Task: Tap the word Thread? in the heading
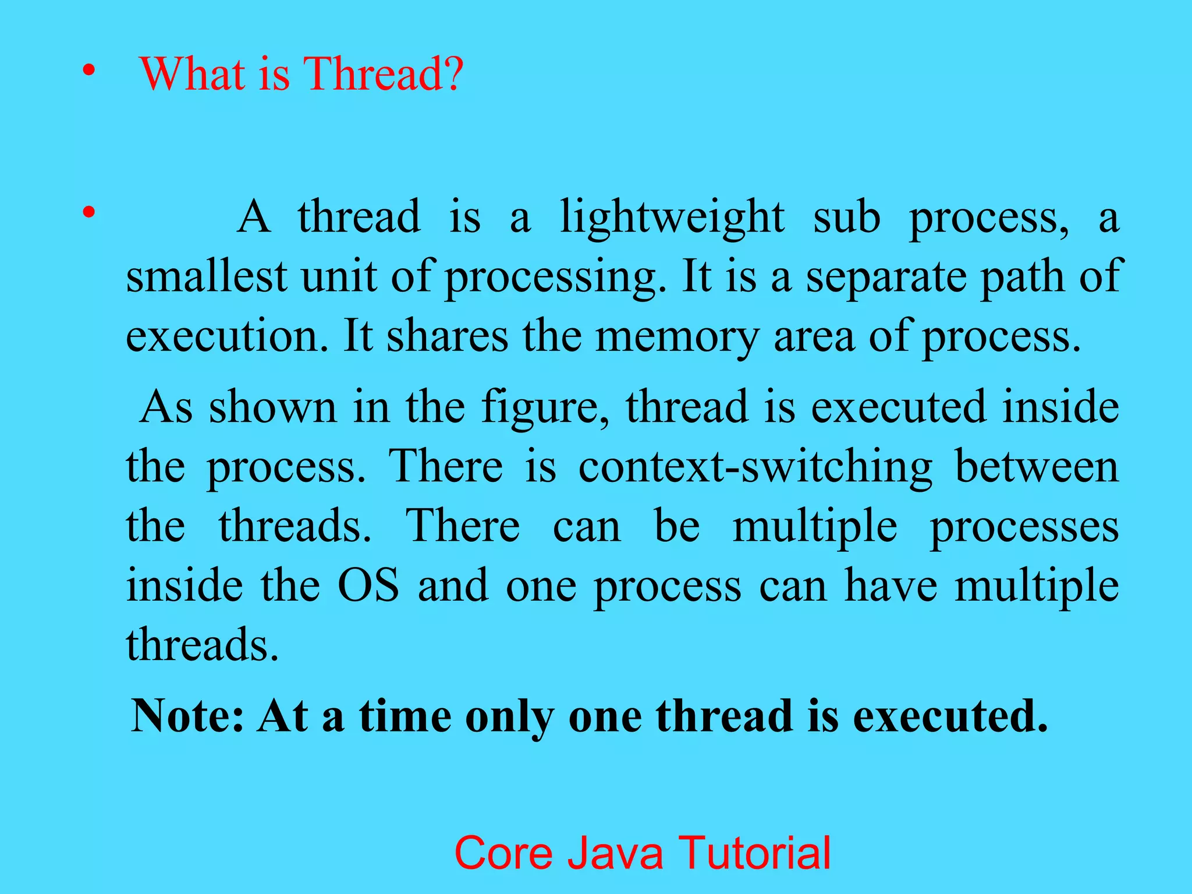tap(384, 74)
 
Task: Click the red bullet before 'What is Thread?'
tap(88, 71)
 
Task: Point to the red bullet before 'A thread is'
tap(88, 212)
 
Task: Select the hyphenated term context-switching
tap(755, 467)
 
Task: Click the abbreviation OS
tap(369, 586)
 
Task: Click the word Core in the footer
tap(503, 853)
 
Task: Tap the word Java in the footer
tap(615, 853)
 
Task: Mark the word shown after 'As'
tap(273, 407)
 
